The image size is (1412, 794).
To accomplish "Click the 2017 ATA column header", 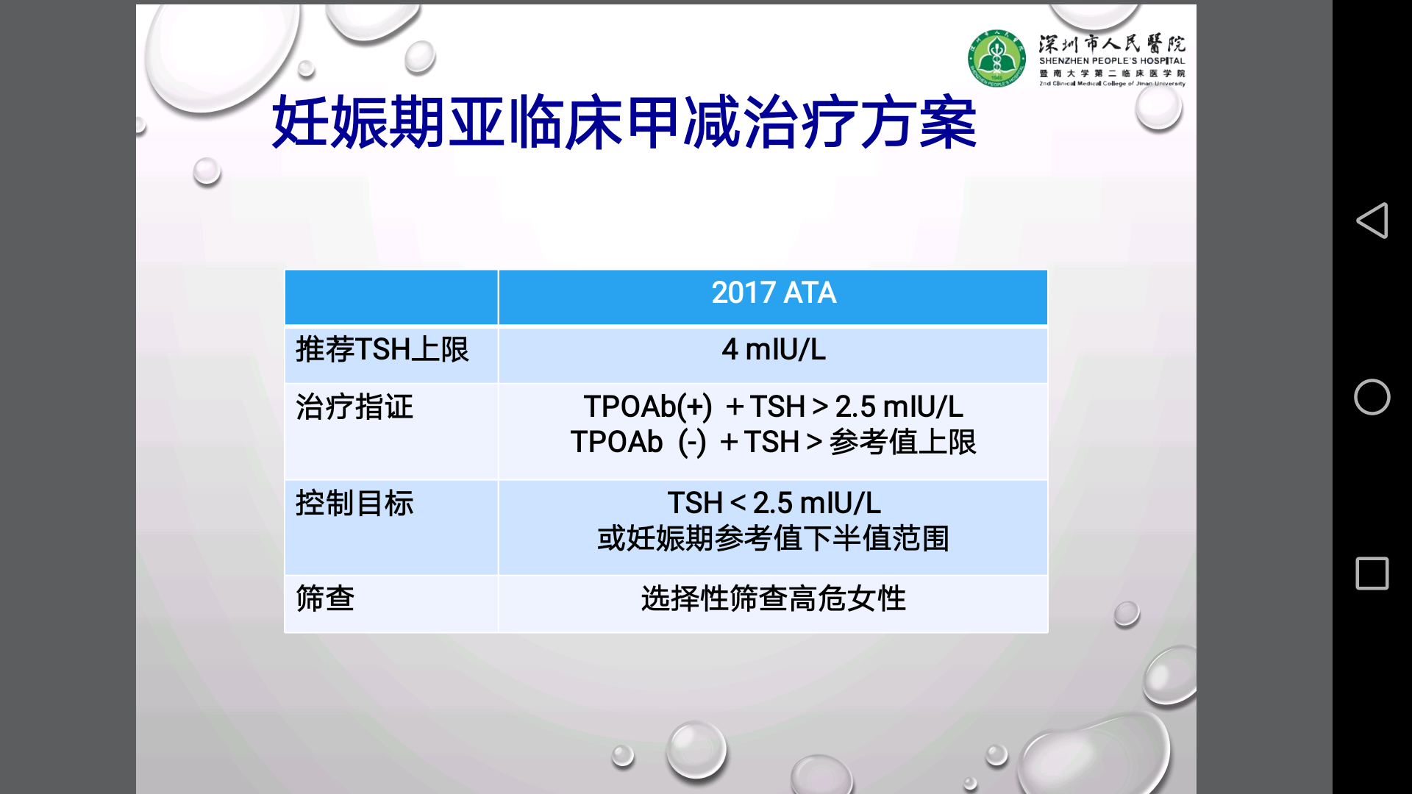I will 773,293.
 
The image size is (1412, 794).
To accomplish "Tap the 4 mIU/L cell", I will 773,350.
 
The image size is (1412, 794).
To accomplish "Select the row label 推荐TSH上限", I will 382,350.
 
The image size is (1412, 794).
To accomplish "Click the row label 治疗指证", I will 354,407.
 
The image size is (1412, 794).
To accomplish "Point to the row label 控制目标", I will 354,504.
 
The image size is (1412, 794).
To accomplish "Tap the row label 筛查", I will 325,598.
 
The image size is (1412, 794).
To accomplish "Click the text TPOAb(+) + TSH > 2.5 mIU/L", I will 773,407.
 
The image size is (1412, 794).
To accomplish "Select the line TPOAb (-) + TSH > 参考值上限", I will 773,443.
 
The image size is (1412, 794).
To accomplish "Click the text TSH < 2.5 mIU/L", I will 773,504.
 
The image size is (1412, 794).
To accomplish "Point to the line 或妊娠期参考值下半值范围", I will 773,539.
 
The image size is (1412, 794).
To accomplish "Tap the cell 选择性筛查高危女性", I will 773,598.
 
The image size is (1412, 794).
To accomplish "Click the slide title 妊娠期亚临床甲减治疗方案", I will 624,123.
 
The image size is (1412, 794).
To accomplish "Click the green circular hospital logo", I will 996,58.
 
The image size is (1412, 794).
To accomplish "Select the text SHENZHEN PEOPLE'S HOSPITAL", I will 1111,61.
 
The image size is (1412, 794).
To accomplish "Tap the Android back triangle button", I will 1372,221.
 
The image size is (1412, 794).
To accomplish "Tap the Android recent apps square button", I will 1372,573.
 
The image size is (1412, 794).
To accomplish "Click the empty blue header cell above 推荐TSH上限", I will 391,297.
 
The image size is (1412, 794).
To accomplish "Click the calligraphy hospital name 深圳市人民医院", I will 1111,43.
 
